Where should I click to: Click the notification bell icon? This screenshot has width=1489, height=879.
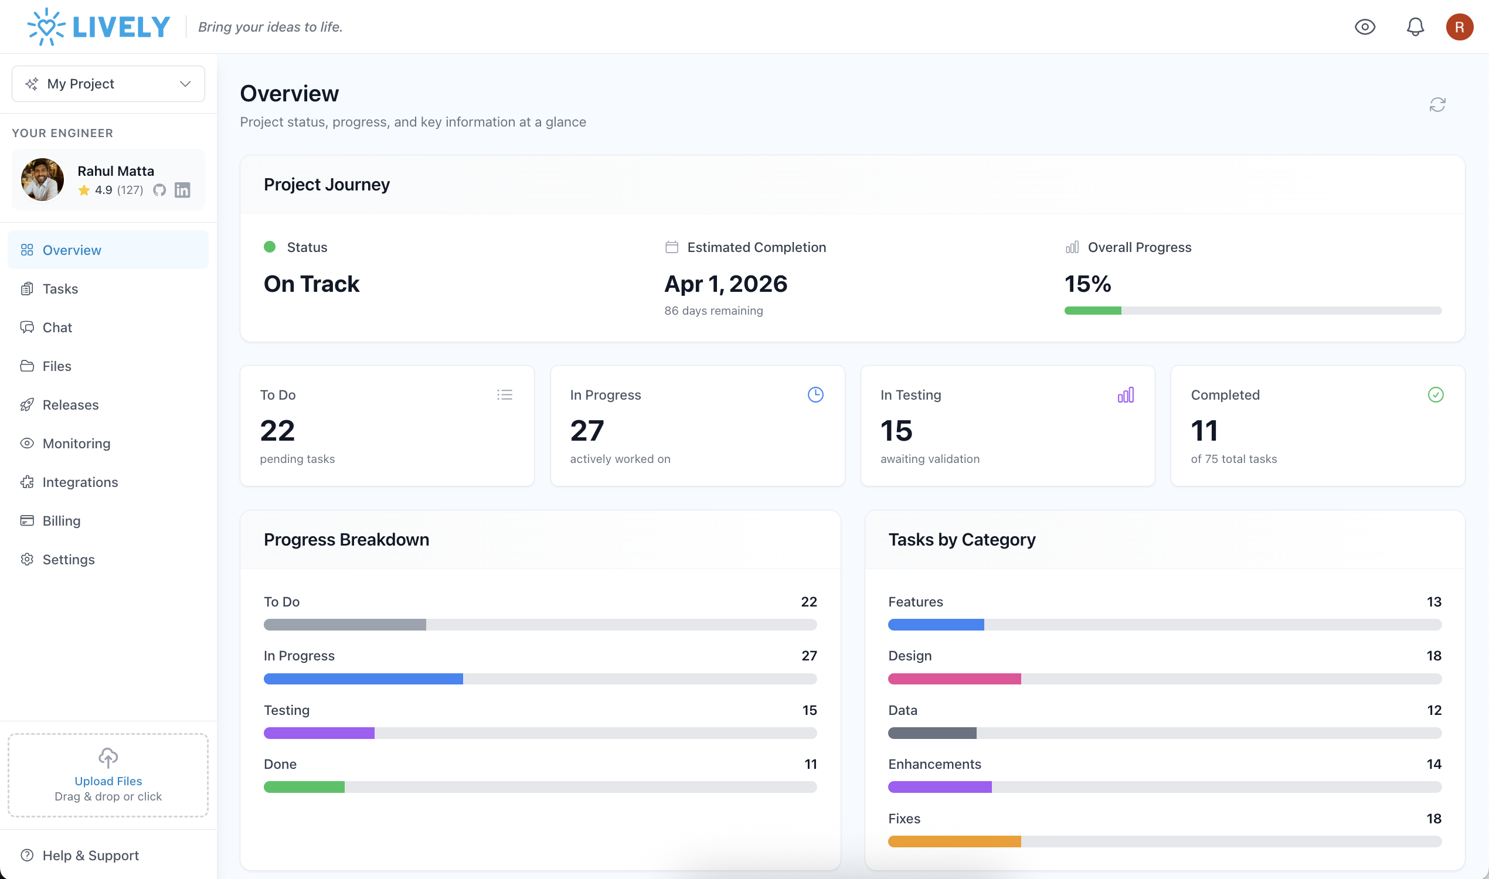tap(1415, 26)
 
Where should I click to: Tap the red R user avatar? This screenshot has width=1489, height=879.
tap(1459, 26)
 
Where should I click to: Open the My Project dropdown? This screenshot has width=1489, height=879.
tap(108, 84)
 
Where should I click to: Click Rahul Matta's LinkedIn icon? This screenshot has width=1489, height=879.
tap(182, 190)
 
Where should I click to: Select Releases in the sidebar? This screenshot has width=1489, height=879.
tap(70, 404)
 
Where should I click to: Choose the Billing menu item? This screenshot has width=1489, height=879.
tap(61, 520)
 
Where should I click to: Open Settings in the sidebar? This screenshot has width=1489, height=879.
tap(68, 559)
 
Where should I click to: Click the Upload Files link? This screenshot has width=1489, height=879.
tap(108, 781)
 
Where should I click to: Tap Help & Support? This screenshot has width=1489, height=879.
tap(90, 855)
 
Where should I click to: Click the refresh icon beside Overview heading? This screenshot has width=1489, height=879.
tap(1437, 105)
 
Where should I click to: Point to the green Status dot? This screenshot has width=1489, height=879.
tap(270, 247)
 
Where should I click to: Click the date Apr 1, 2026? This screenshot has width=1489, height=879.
tap(725, 284)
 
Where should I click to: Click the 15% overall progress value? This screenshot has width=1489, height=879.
tap(1087, 284)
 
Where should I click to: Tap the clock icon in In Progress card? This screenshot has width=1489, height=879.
tap(815, 394)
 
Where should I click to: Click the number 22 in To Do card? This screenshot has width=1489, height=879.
tap(277, 430)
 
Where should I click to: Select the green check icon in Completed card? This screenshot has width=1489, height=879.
tap(1435, 394)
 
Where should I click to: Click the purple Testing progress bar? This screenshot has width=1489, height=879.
tap(319, 732)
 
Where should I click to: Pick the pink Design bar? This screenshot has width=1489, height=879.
tap(954, 679)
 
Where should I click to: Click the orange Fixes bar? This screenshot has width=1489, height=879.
tap(954, 841)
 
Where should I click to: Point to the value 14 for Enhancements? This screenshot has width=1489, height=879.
tap(1433, 764)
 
